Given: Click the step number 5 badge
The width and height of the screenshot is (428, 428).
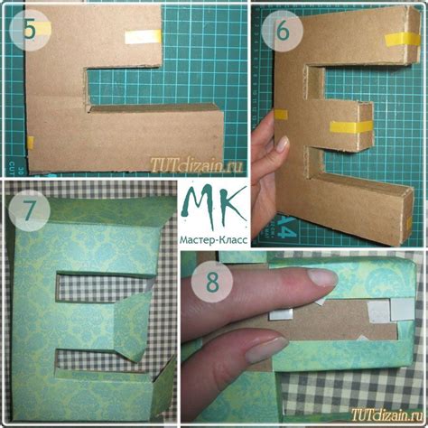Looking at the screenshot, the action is (30, 30).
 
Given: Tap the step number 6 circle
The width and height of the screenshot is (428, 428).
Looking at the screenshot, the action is (282, 31).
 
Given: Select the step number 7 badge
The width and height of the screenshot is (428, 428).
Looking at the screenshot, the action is (29, 210).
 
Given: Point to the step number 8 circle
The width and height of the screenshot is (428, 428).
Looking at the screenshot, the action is (212, 283).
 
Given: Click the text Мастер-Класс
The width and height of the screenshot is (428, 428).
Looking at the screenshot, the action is (214, 240).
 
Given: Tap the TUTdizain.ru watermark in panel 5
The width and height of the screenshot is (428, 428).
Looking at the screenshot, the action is (196, 165).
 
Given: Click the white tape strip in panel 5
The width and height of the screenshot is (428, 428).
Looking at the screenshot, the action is (143, 37).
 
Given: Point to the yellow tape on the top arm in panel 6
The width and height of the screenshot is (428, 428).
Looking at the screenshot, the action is (402, 40).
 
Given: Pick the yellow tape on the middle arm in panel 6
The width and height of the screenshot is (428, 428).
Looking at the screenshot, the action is (350, 127).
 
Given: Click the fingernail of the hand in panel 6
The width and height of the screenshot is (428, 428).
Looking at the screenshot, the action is (283, 144).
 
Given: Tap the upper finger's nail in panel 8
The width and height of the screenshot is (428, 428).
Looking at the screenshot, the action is (323, 277).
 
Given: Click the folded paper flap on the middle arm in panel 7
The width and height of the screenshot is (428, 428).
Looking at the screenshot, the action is (132, 327).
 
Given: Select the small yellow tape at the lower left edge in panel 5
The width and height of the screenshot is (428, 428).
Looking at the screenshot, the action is (31, 143).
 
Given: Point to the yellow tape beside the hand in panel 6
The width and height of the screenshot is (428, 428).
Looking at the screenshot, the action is (281, 115).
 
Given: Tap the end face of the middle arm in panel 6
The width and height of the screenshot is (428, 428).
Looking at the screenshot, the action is (366, 127).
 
